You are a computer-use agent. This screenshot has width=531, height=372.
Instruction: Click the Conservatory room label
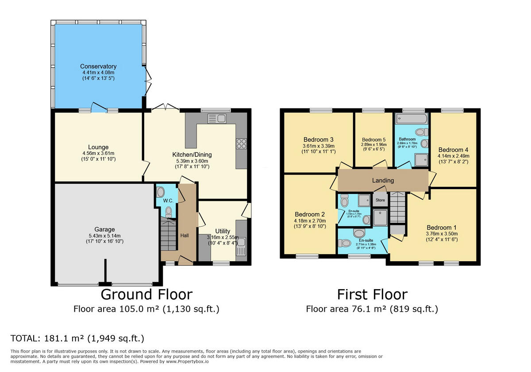98,66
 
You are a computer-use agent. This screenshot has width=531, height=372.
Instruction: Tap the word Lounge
98,147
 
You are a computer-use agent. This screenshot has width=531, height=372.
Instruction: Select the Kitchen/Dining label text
192,155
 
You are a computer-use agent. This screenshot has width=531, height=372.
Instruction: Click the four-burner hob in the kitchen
242,143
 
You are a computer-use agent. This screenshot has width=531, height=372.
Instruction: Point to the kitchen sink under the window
217,118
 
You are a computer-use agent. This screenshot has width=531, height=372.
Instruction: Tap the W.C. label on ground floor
168,201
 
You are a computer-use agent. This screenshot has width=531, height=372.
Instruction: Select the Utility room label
223,231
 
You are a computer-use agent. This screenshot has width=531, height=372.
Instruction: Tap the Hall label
185,235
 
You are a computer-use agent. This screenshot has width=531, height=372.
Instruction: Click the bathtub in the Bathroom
412,118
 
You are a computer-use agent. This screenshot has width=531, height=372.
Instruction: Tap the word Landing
383,180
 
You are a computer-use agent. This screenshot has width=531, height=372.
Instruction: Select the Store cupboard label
380,200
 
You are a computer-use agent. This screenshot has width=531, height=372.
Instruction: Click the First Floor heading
372,294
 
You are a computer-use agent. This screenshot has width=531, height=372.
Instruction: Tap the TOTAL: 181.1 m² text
77,339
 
